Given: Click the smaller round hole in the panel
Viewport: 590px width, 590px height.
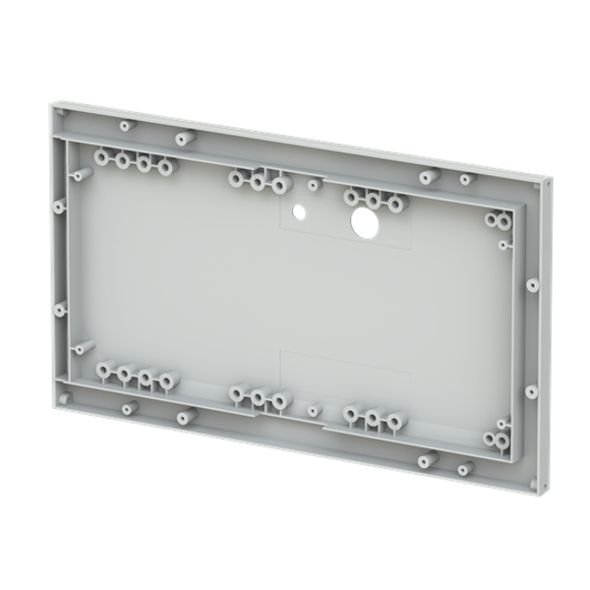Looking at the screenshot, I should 301,211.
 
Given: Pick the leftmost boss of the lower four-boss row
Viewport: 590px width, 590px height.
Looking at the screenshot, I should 103,371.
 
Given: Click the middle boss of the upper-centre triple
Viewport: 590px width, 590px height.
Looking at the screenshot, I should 258,182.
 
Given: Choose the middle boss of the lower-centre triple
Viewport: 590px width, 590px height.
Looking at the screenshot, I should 258,397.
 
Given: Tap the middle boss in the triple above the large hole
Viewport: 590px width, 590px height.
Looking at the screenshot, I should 373,201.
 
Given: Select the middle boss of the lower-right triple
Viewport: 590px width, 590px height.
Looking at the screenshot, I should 374,421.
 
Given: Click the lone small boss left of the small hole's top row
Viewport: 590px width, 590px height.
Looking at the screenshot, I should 313,184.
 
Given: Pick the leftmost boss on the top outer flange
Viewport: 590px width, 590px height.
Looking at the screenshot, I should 125,126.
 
